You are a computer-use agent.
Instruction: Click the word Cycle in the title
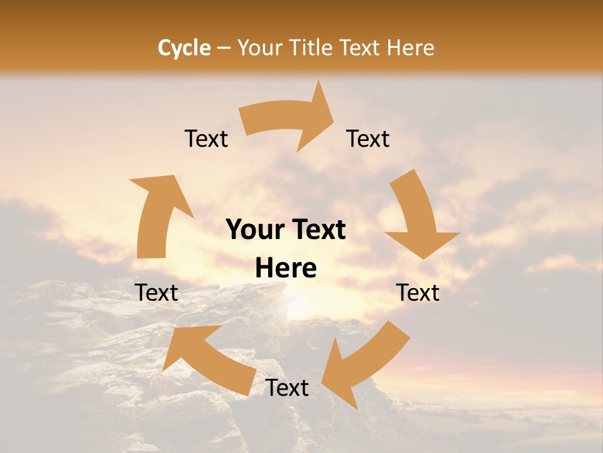tap(184, 48)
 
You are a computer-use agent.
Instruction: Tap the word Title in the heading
tap(313, 48)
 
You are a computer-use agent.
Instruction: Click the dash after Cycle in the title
tap(224, 48)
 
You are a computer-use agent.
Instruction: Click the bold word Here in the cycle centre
tap(286, 269)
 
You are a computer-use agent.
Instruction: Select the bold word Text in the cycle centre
tap(315, 230)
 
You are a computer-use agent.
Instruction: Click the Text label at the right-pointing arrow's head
tap(368, 138)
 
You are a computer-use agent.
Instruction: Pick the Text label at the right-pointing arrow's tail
tap(206, 138)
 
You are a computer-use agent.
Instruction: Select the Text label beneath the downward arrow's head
tap(418, 293)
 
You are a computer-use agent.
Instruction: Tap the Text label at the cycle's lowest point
tap(287, 388)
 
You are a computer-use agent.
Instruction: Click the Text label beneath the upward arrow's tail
tap(157, 293)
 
